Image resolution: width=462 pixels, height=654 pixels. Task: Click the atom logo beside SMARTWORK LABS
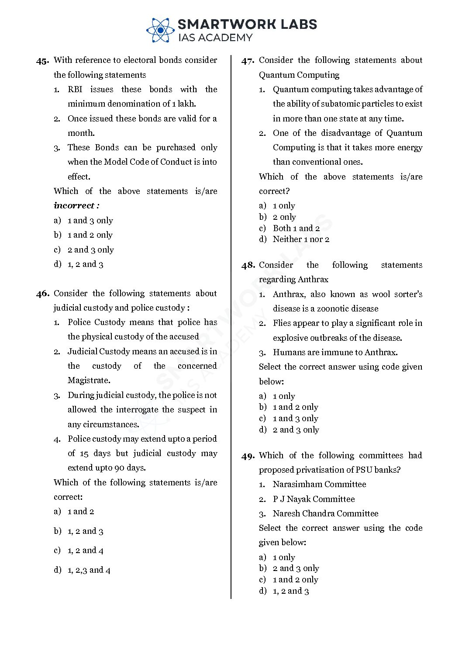click(160, 30)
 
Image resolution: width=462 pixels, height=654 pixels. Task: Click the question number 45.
click(42, 61)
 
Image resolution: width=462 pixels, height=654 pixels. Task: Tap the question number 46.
click(42, 294)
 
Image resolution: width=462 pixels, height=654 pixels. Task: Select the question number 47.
click(248, 61)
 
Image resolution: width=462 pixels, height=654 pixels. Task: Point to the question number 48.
click(248, 265)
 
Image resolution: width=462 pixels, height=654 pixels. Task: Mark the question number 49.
click(248, 456)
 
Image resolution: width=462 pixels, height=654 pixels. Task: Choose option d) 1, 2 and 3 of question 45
click(79, 264)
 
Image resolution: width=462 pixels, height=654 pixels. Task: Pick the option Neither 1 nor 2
click(301, 239)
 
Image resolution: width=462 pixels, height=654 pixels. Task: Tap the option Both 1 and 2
click(296, 228)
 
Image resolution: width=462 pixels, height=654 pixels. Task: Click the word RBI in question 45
click(75, 90)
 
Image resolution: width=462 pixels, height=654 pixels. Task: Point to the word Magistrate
click(89, 381)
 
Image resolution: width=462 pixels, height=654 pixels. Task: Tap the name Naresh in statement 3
click(286, 514)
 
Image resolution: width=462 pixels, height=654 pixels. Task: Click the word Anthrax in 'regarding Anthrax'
click(313, 280)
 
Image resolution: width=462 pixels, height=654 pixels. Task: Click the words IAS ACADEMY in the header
click(215, 38)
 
